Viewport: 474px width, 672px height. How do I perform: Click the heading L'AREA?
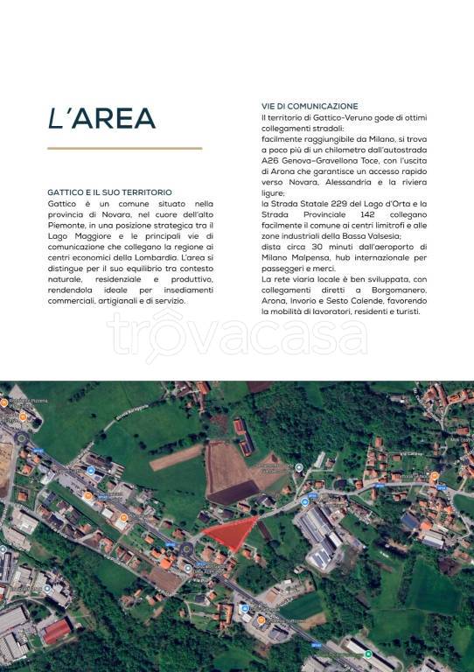[101, 119]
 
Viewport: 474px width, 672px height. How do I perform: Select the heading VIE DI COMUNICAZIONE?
[309, 106]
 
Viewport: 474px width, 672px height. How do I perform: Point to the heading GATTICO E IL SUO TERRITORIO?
[109, 192]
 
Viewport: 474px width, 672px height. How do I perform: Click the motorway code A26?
[270, 162]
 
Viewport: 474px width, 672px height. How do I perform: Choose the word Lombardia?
[149, 258]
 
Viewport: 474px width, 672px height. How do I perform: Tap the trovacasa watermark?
[236, 335]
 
